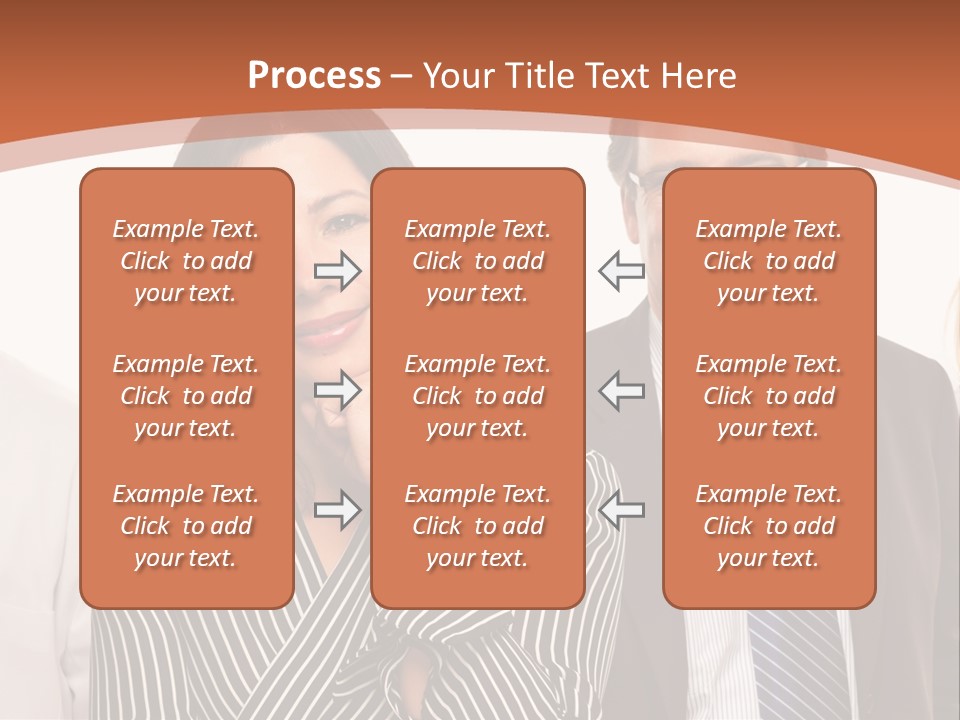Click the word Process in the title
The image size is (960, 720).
314,76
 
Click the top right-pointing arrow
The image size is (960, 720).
338,271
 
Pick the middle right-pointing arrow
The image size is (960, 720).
338,390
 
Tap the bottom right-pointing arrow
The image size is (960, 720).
338,510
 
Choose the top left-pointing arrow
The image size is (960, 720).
621,271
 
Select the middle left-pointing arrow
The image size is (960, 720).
621,390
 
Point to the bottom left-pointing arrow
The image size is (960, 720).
621,510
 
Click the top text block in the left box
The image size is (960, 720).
186,261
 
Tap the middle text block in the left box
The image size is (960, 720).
186,396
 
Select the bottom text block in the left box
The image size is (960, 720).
186,526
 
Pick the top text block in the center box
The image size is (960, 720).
477,261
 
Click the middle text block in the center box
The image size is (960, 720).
477,396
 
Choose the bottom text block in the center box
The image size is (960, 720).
477,526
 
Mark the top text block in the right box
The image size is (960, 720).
769,261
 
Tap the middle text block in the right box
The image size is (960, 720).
769,396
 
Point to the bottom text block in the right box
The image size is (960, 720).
769,526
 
